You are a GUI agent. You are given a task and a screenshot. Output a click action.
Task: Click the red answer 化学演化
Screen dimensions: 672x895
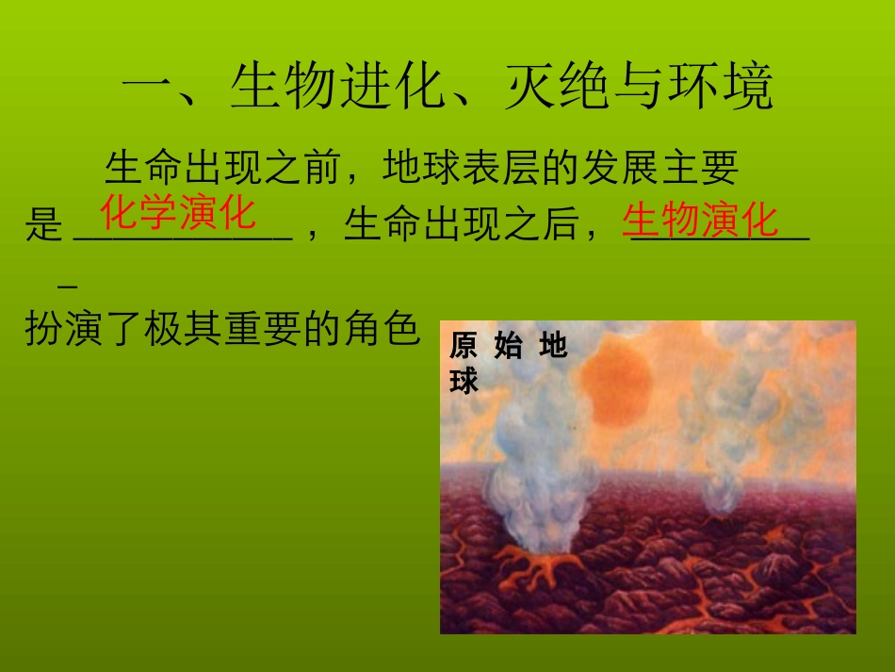(178, 214)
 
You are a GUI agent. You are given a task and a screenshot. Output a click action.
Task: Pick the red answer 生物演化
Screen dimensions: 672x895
(701, 220)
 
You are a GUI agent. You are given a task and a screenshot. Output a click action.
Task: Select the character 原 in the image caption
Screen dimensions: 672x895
(464, 347)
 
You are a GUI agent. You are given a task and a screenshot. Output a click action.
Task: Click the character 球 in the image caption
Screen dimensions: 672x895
(464, 380)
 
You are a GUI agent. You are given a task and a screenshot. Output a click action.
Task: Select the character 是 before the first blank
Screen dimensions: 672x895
(43, 226)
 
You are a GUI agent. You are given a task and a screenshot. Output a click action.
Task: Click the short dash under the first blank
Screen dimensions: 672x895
(67, 283)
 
